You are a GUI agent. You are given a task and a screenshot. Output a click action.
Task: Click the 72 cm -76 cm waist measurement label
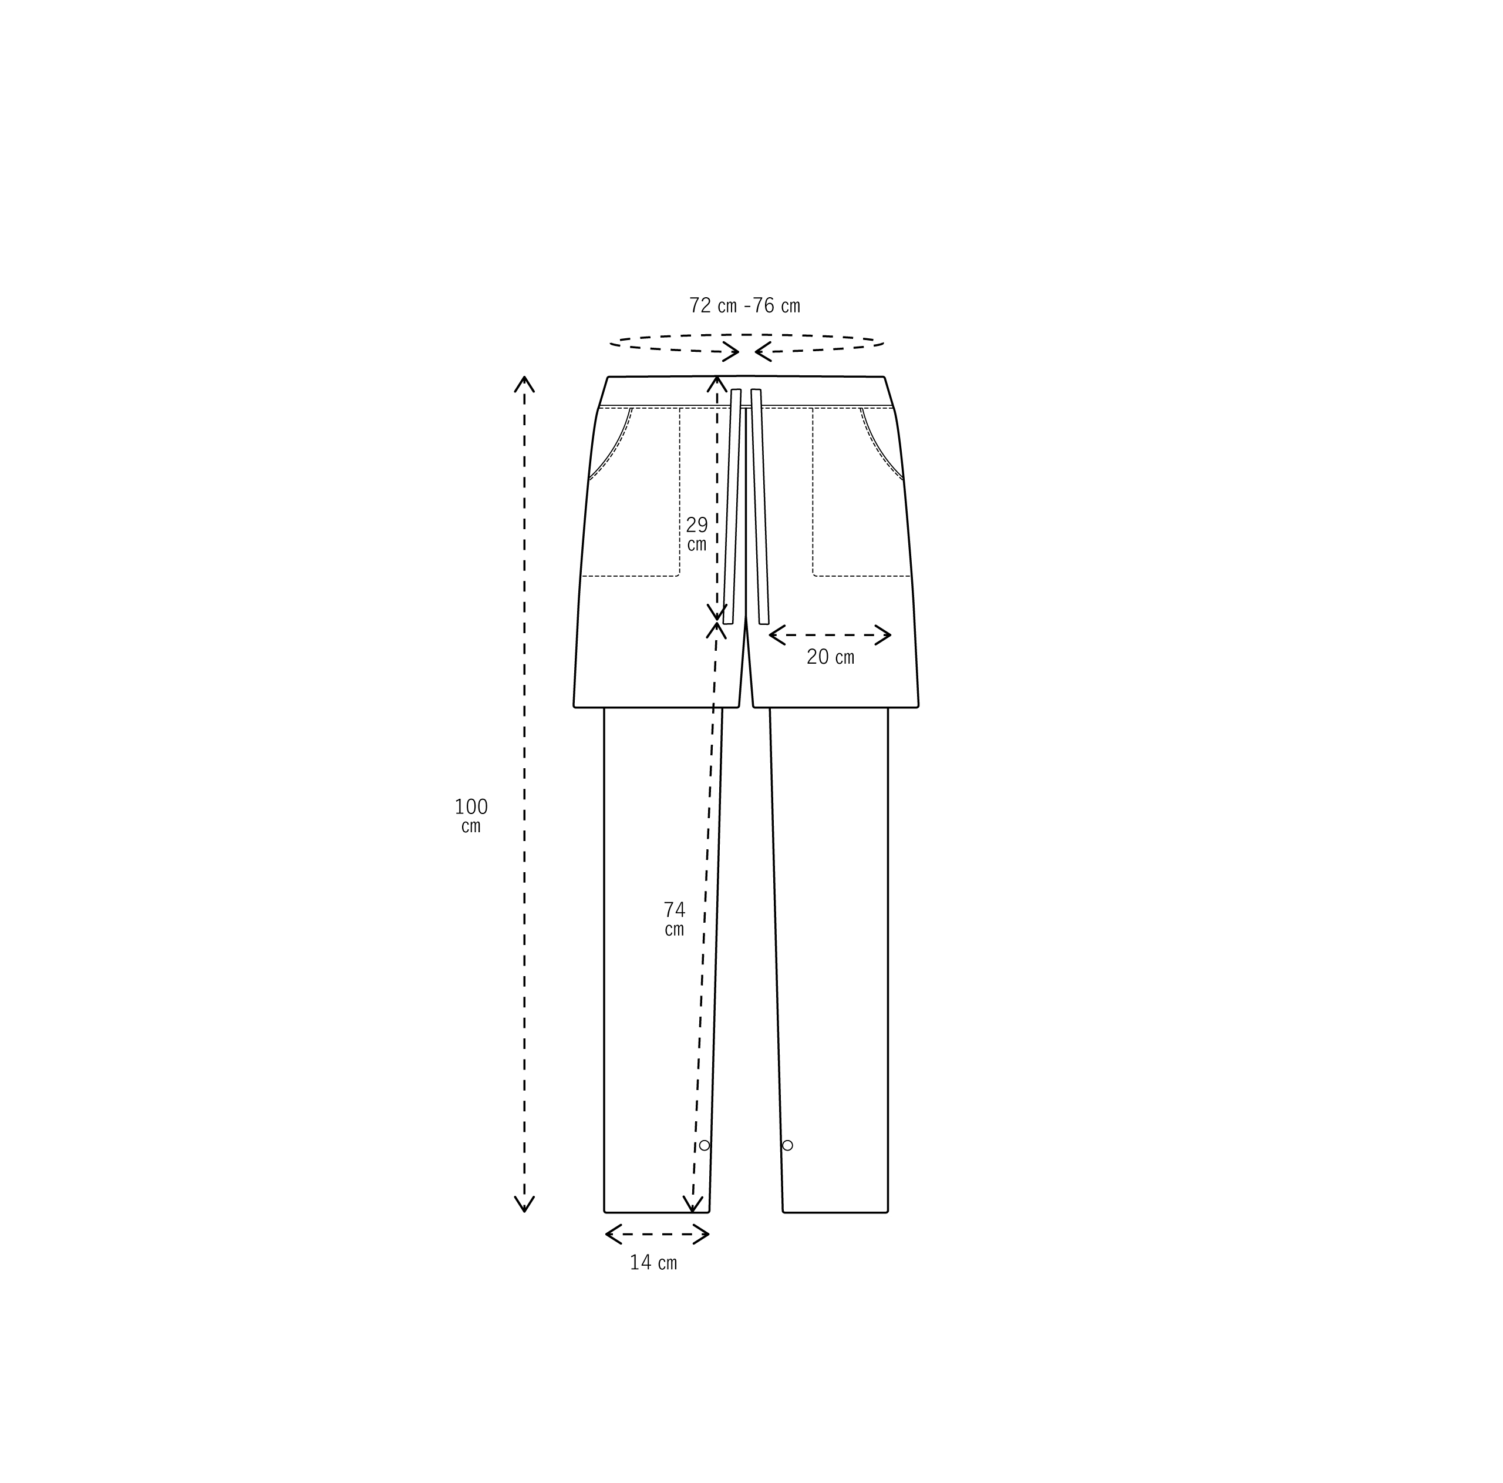tap(744, 306)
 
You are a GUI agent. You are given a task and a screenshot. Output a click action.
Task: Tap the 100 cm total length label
tap(471, 815)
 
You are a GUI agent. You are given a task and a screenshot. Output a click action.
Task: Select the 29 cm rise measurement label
tap(696, 534)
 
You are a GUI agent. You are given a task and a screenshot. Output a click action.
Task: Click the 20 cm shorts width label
tap(830, 657)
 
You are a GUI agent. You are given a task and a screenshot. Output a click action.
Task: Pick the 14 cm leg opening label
tap(653, 1263)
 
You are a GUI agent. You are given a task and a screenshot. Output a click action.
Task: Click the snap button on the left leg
tap(704, 1145)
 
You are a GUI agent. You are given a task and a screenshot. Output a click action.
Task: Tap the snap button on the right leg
tap(787, 1145)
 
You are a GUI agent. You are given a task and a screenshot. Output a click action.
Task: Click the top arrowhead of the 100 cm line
tap(524, 378)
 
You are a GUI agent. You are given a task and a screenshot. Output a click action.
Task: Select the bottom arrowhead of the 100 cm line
tap(524, 1212)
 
